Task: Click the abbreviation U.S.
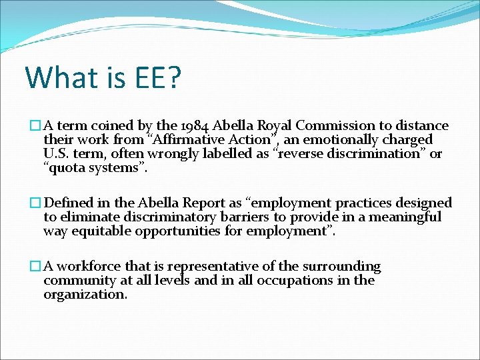click(x=57, y=154)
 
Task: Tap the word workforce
click(x=89, y=267)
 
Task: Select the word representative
click(x=223, y=267)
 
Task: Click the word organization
click(x=85, y=295)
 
